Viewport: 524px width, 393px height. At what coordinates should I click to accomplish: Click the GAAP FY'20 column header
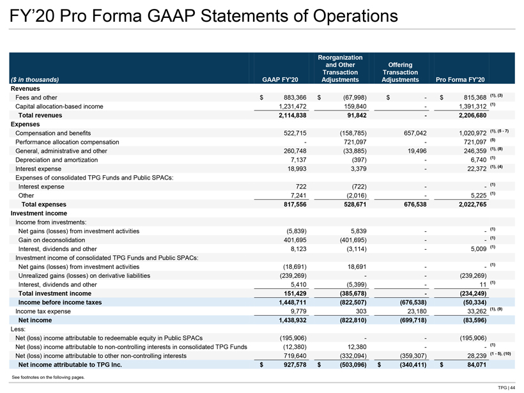(280, 79)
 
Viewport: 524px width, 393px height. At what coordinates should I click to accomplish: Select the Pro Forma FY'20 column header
(460, 79)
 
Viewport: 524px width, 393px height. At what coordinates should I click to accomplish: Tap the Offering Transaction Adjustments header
(400, 72)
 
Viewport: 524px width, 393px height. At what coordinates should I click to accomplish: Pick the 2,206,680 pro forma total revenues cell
(472, 115)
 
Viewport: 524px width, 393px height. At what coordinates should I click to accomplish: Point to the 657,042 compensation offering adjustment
(415, 133)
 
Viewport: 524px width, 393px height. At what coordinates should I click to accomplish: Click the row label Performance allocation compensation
(67, 142)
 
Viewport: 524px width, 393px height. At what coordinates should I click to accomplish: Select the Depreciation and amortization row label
(56, 160)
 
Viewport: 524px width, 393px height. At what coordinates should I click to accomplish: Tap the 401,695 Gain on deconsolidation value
(295, 240)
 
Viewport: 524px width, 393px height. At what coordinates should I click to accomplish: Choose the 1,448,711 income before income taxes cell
(293, 302)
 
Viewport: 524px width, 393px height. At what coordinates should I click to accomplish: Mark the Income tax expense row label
(43, 311)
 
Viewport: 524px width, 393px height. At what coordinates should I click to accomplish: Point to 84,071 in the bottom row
(477, 365)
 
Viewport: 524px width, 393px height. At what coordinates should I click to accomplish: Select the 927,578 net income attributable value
(295, 365)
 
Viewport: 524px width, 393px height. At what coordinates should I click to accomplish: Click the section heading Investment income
(39, 213)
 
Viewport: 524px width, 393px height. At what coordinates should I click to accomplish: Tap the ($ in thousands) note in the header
(35, 79)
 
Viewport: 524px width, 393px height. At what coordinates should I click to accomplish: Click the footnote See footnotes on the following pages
(49, 377)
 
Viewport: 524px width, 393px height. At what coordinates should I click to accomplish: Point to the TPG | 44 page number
(507, 388)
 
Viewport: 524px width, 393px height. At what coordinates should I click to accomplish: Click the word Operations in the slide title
(355, 16)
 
